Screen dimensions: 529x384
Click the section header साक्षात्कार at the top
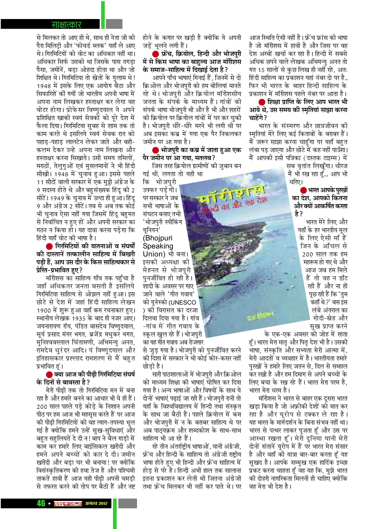(66, 24)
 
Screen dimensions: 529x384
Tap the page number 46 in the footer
(41, 503)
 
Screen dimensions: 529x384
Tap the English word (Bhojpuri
(157, 238)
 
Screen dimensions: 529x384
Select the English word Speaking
(158, 246)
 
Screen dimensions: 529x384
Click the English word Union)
(154, 254)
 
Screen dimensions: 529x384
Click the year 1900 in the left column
(44, 310)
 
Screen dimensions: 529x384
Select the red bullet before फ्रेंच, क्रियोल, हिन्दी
(156, 54)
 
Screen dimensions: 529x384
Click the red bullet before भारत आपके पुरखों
(303, 190)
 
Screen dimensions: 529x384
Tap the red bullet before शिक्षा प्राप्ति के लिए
(262, 102)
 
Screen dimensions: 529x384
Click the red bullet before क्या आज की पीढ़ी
(49, 374)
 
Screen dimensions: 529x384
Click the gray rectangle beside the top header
(114, 24)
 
